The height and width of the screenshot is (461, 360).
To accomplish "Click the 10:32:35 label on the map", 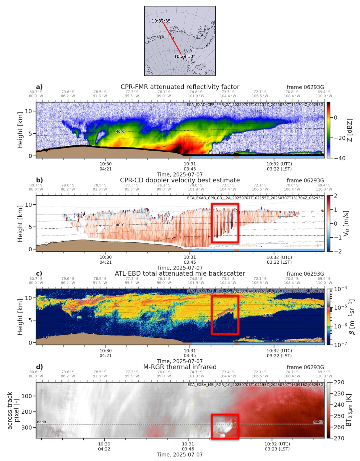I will [x=161, y=21].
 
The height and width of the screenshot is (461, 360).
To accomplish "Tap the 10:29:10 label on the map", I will [x=183, y=56].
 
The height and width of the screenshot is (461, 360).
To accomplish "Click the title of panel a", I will [x=180, y=87].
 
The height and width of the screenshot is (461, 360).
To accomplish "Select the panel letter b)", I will [x=40, y=180].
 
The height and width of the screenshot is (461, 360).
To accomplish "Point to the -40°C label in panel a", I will [x=119, y=132].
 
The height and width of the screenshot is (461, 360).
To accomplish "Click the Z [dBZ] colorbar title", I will [x=349, y=130].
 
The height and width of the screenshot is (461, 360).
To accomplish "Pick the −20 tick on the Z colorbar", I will [x=339, y=138].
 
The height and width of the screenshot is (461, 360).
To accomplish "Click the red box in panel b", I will [x=225, y=223].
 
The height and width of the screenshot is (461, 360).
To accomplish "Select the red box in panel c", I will [x=225, y=314].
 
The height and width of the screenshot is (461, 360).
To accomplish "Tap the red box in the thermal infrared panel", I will [x=225, y=426].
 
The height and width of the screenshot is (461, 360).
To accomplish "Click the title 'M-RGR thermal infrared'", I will [x=180, y=367].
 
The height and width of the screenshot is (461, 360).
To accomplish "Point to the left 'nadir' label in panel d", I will [x=42, y=422].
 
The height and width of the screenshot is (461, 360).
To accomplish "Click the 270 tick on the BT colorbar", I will [x=340, y=438].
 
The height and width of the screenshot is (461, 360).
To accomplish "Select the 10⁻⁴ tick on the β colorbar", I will [x=340, y=289].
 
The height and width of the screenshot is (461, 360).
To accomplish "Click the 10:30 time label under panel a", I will [x=105, y=164].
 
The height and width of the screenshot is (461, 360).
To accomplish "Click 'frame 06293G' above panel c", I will [x=305, y=274].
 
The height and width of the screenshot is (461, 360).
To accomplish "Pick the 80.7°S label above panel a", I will [x=36, y=92].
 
